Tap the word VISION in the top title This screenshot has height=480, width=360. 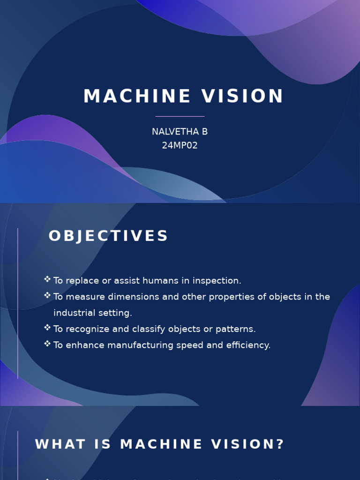pyautogui.click(x=243, y=97)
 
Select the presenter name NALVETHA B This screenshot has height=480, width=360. pyautogui.click(x=180, y=132)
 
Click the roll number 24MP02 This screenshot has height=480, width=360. pyautogui.click(x=180, y=145)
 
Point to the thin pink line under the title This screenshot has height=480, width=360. pyautogui.click(x=180, y=116)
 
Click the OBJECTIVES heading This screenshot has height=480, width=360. pyautogui.click(x=108, y=236)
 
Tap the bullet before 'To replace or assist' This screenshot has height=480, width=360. pyautogui.click(x=47, y=279)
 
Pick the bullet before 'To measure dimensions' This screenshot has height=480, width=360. pyautogui.click(x=47, y=295)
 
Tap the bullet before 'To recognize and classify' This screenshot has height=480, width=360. pyautogui.click(x=47, y=328)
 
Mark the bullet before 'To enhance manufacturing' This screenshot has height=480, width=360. pyautogui.click(x=47, y=344)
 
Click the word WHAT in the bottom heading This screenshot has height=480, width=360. pyautogui.click(x=57, y=444)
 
